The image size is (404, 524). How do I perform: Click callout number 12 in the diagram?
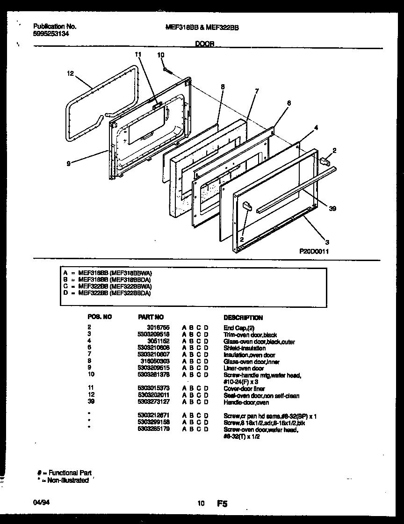[x=70, y=73]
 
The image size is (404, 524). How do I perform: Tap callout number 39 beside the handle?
[x=332, y=209]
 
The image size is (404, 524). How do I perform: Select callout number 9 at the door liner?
[x=68, y=163]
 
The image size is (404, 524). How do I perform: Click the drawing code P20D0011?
[x=314, y=251]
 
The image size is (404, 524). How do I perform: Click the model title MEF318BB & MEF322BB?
[x=202, y=27]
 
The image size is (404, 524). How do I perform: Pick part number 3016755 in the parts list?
[x=159, y=328]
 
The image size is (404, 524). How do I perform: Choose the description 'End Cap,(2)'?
[x=238, y=328]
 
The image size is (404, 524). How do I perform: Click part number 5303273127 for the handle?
[x=154, y=402]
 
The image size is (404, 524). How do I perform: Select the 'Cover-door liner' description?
[x=244, y=389]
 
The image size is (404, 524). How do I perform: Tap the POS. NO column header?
[x=100, y=317]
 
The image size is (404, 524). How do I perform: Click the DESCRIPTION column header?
[x=243, y=317]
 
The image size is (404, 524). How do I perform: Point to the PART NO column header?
[x=151, y=317]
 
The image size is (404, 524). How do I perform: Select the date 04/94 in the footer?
[x=40, y=503]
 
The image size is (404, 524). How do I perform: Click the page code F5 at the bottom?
[x=222, y=504]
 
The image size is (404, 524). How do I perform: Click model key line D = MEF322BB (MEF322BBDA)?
[x=108, y=293]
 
